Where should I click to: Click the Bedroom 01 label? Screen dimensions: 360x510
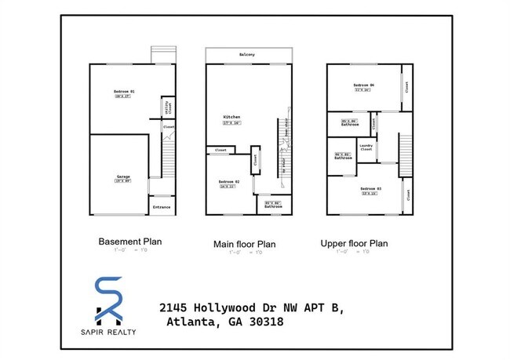pos(125,92)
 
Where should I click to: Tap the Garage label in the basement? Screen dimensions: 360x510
pos(123,177)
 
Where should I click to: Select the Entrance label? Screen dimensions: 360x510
pos(162,207)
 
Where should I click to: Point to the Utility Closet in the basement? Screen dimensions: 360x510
pos(167,107)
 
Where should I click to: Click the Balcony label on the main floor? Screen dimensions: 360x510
pos(248,54)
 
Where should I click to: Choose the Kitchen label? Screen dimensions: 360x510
pos(231,117)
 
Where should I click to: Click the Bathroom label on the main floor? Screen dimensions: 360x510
pos(271,205)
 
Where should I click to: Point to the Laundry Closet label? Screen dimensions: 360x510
pos(366,147)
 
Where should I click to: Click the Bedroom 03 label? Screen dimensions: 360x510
pos(369,189)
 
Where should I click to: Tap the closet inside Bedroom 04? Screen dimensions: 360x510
pos(407,86)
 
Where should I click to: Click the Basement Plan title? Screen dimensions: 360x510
pos(129,242)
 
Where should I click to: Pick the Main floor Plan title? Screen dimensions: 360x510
pos(245,244)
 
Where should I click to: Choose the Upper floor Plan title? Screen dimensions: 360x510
pos(354,243)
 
